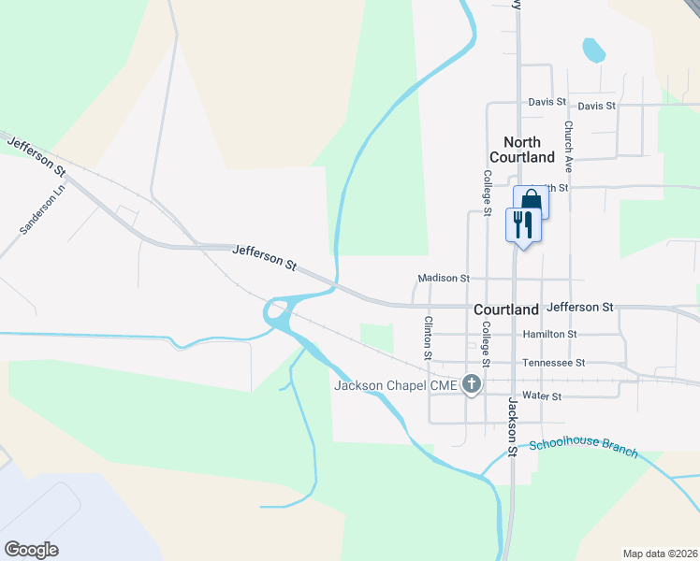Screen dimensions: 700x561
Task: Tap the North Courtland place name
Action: [522, 150]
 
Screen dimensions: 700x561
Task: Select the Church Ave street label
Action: [568, 144]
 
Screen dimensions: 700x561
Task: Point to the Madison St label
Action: [444, 279]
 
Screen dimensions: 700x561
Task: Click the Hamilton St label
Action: [549, 334]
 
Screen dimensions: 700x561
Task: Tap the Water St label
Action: [542, 396]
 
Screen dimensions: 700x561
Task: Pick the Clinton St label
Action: [429, 338]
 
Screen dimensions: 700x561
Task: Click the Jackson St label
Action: [513, 425]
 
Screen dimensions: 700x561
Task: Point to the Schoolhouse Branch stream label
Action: [583, 448]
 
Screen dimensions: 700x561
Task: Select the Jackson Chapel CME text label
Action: [397, 385]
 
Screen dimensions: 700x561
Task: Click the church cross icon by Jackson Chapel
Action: [473, 384]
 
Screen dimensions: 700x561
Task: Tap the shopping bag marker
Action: [531, 201]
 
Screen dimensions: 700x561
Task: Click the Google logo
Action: [32, 550]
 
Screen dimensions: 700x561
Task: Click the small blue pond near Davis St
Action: [593, 50]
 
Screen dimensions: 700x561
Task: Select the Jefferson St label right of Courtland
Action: [580, 307]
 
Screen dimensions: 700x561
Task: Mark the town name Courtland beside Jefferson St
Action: [506, 309]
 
